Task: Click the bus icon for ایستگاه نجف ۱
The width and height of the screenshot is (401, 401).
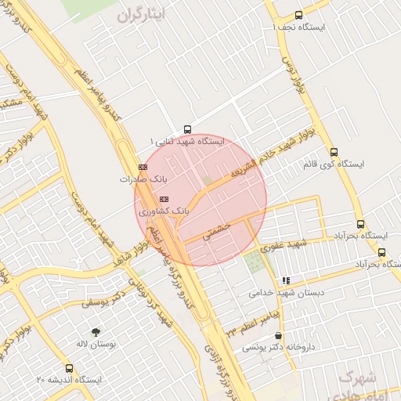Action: point(298,15)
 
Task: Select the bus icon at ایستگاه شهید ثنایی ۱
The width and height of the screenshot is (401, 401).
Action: point(186,129)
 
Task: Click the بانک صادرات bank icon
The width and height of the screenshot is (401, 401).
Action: point(143,167)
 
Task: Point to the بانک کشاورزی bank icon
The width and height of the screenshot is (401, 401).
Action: point(163,199)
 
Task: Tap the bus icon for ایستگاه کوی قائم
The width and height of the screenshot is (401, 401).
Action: point(334,153)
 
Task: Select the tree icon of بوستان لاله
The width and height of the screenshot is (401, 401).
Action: point(96,332)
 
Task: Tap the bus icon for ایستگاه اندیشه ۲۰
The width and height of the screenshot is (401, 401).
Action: point(70,367)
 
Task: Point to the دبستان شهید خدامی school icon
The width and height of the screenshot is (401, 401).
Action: point(287,280)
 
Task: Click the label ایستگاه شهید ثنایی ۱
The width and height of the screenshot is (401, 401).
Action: point(188,142)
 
